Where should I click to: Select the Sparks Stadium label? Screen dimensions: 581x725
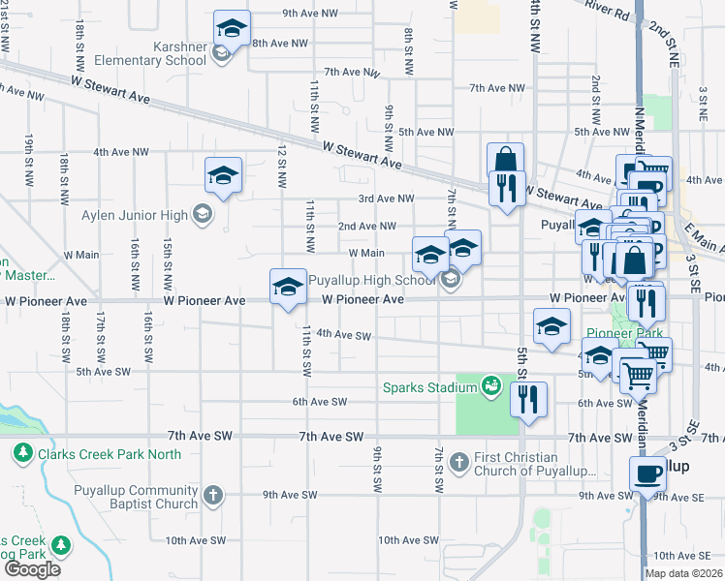(x=427, y=388)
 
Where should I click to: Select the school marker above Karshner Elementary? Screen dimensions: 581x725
(x=231, y=28)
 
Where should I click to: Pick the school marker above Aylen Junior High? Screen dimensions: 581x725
(x=223, y=175)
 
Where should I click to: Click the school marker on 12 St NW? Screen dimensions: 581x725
(x=288, y=287)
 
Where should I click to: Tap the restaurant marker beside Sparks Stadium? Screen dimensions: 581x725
(x=528, y=399)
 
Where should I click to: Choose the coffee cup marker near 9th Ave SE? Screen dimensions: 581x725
(x=647, y=475)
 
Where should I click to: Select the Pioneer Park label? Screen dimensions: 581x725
(x=625, y=333)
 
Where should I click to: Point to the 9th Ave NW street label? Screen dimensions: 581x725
(x=310, y=14)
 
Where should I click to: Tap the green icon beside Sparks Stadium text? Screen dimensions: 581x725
(x=491, y=388)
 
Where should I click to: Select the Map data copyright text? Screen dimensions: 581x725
(x=683, y=573)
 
